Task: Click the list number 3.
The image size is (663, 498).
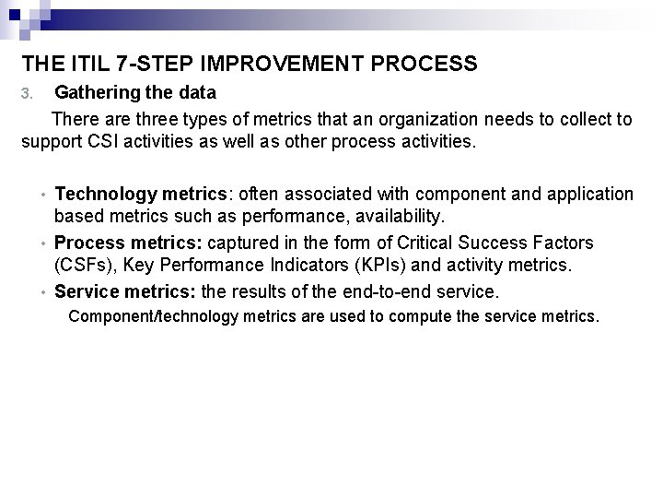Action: [28, 93]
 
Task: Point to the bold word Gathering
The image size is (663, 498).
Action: [96, 92]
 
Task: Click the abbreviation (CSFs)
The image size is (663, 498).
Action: [85, 267]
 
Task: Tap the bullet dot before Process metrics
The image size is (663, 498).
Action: [43, 244]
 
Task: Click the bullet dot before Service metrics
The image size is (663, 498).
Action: [43, 293]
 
